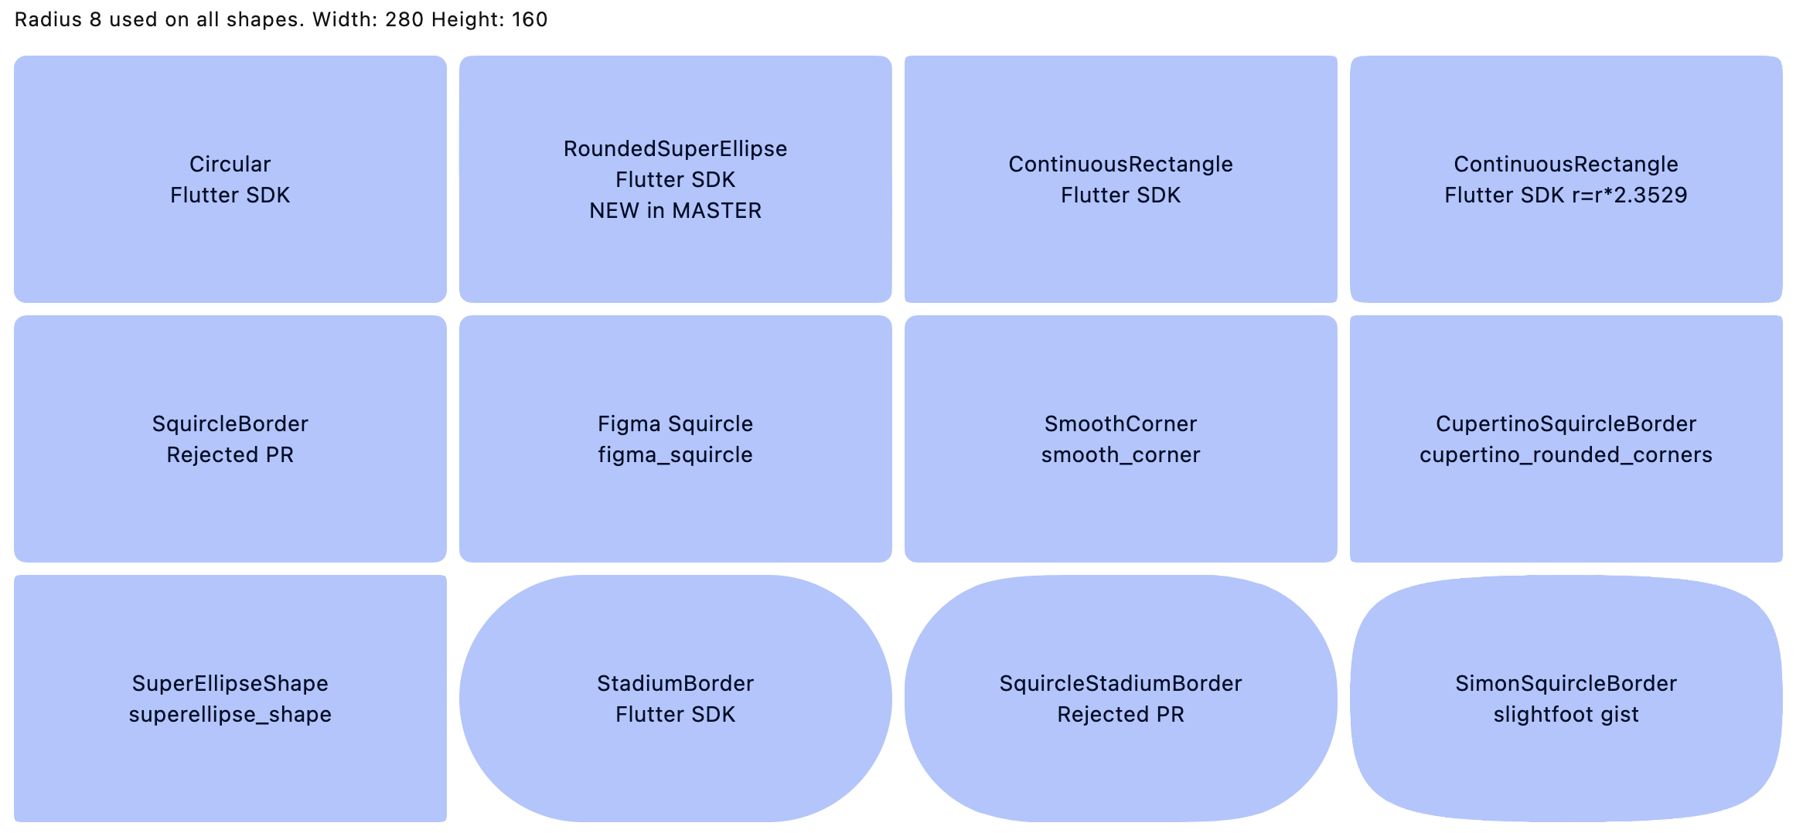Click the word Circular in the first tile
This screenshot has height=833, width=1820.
pos(230,165)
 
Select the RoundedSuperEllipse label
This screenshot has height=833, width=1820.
pos(675,149)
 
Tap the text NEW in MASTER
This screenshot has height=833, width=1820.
pos(675,211)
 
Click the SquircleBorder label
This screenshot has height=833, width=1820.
pos(230,424)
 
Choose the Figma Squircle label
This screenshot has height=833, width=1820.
pos(675,424)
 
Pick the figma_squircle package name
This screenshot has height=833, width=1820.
pos(675,455)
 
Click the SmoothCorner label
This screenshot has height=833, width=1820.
pos(1120,424)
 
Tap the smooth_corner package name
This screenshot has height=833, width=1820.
pos(1120,455)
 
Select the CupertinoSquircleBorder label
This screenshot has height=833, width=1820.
pos(1566,424)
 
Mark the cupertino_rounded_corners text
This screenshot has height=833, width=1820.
pos(1566,455)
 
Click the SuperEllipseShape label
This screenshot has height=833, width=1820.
pos(230,684)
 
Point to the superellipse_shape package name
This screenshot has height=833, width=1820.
pos(230,715)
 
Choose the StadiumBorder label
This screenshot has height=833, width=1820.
pos(675,684)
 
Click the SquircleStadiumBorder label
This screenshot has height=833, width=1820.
pos(1120,684)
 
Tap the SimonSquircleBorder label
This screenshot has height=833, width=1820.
pos(1566,684)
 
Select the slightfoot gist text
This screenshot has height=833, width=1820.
pos(1566,715)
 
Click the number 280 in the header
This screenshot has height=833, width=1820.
pos(404,19)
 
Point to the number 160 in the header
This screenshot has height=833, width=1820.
pos(529,19)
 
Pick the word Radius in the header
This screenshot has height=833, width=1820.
pos(48,19)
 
